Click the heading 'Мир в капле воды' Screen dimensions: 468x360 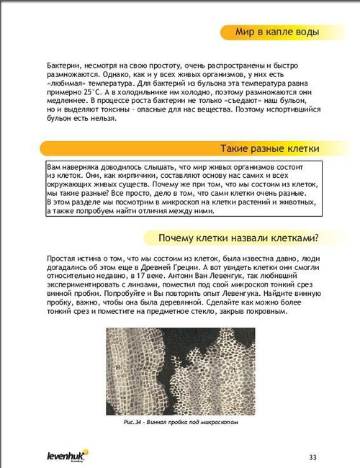pos(276,32)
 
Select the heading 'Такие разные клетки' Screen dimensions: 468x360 pos(269,148)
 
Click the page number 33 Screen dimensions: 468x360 pos(312,456)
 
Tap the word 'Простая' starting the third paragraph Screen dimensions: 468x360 pos(64,258)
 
